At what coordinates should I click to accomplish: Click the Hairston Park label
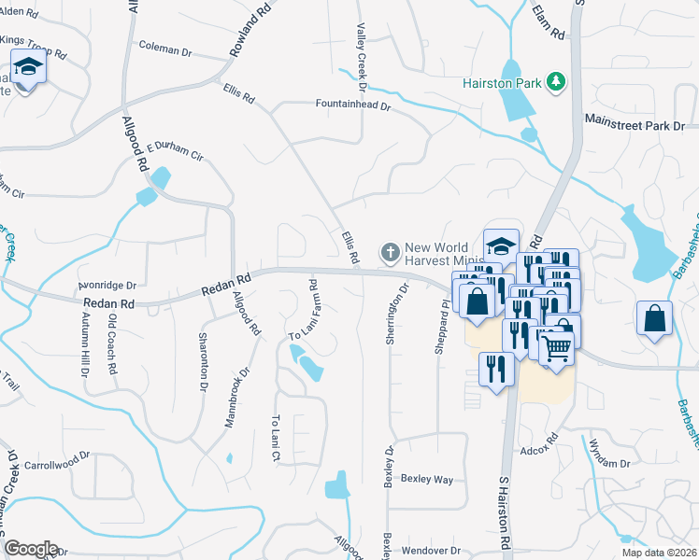coord(503,82)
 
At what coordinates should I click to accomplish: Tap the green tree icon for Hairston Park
coord(557,82)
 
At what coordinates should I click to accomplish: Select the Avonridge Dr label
coord(107,286)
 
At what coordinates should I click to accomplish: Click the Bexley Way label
coord(427,480)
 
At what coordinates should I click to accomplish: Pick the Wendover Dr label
coord(431,550)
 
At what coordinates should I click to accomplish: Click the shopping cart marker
coord(557,349)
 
